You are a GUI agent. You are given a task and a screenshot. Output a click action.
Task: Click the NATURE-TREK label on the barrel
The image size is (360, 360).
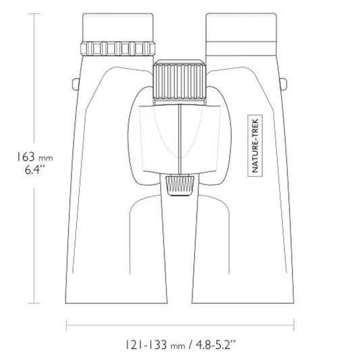coord(255,146)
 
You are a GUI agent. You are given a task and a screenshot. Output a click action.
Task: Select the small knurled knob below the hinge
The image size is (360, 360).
coord(180,185)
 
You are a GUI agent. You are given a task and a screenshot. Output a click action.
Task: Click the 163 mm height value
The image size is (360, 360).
coord(35,157)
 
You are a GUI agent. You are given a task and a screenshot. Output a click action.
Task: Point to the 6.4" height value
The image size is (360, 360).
coord(34,170)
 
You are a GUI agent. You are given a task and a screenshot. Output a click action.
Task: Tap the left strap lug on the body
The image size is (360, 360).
coord(76,84)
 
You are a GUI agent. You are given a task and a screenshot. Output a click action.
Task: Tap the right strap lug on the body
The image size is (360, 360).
coord(283,84)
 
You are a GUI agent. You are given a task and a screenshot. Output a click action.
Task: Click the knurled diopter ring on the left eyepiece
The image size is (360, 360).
coord(118,49)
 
